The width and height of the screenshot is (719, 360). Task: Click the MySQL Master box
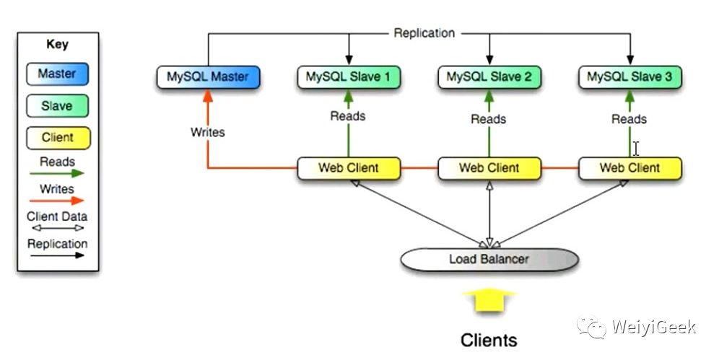tap(208, 76)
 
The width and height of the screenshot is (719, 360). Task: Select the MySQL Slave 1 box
tap(349, 76)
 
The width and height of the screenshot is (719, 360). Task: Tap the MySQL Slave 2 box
tap(489, 76)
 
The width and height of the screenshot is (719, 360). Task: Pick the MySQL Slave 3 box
tap(630, 76)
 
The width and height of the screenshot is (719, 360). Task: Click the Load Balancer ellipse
tap(489, 259)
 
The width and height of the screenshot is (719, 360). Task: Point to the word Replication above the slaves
tap(424, 32)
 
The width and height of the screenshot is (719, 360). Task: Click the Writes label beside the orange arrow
tap(207, 132)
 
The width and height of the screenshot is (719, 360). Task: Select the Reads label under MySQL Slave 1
tap(348, 115)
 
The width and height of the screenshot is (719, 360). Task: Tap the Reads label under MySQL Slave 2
tap(489, 119)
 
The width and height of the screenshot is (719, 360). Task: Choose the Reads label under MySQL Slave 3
tap(629, 119)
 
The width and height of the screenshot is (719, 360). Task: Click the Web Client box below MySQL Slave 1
tap(349, 168)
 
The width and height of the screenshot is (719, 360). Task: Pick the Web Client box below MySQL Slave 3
tap(630, 168)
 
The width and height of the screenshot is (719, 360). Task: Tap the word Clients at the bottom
tap(489, 339)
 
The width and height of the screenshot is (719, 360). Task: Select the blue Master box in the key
tap(57, 74)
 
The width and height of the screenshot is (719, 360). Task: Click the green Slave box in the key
tap(57, 106)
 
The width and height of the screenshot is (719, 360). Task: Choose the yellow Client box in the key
tap(57, 138)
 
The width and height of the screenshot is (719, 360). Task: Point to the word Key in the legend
tap(57, 44)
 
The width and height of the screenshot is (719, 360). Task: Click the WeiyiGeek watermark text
tap(653, 327)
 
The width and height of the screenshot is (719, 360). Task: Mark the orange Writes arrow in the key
tap(58, 201)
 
